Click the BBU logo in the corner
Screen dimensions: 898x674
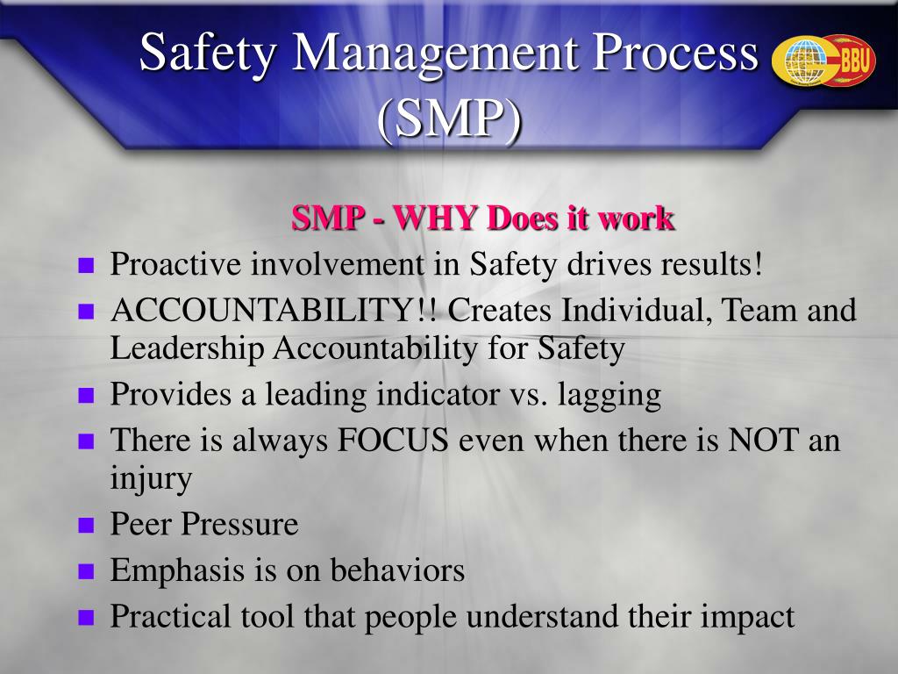(823, 61)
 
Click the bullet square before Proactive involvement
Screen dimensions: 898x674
(86, 265)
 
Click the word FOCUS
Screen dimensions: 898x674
(392, 441)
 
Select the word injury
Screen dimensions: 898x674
(151, 479)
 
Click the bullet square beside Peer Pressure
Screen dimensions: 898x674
(86, 525)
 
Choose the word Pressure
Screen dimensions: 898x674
(240, 524)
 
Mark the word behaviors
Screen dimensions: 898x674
(397, 570)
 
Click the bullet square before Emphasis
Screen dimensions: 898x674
(86, 570)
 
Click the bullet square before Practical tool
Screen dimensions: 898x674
(86, 617)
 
